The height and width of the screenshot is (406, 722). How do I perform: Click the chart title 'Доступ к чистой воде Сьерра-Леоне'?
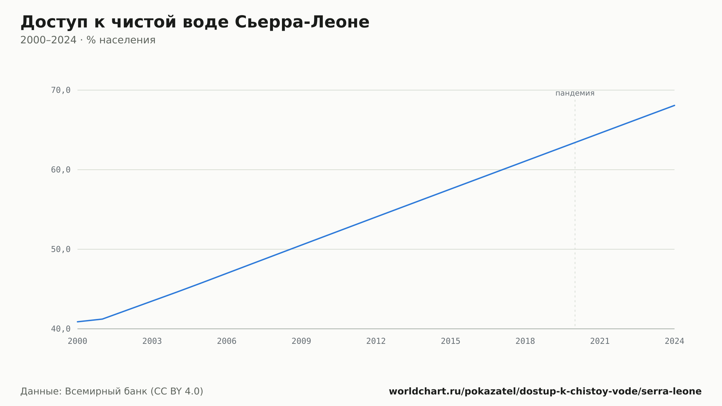point(195,22)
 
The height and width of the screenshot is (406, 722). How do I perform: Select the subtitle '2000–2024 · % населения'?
point(88,40)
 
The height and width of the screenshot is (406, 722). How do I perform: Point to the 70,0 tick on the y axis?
point(61,90)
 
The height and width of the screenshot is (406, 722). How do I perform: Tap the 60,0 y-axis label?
point(61,170)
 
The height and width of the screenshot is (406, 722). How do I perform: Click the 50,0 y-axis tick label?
point(61,249)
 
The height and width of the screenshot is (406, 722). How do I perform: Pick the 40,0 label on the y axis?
point(61,329)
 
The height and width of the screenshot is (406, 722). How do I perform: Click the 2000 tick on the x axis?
point(78,341)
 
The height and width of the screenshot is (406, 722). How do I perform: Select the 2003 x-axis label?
point(152,341)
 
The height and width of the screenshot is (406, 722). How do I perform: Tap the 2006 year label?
point(227,341)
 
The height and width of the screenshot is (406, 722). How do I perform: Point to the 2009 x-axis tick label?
point(301,341)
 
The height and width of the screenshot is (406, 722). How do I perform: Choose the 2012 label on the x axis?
point(376,341)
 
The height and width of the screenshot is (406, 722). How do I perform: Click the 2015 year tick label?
point(451,341)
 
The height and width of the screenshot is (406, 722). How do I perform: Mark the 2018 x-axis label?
point(525,341)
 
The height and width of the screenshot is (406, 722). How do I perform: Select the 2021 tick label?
point(600,341)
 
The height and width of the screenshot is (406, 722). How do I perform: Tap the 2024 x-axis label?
point(674,341)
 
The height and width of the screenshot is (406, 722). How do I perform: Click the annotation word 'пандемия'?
point(575,93)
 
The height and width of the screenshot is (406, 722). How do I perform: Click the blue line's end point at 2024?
point(674,105)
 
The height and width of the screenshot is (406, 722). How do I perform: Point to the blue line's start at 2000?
point(78,321)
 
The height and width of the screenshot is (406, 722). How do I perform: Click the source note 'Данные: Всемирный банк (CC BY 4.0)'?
point(112,392)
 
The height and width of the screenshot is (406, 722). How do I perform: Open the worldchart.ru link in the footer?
point(545,392)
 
